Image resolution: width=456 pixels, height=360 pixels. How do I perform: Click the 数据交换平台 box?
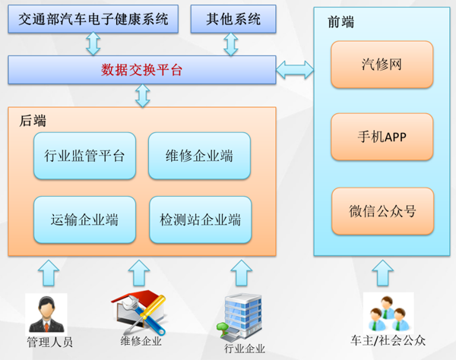pos(142,70)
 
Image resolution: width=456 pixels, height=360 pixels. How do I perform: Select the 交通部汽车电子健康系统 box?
pos(93,19)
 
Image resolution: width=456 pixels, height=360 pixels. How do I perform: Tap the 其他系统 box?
pos(233,19)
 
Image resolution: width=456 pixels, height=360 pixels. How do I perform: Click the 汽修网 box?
pos(382,65)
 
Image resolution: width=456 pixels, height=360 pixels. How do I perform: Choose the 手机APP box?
pos(382,137)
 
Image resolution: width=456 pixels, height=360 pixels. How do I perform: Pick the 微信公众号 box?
pos(382,211)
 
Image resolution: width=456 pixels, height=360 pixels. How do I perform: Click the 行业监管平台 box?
pos(84,156)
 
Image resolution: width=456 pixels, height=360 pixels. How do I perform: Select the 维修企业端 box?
pos(199,156)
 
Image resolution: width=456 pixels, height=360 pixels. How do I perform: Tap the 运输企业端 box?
pos(84,219)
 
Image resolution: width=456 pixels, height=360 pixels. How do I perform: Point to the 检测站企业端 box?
pos(201,219)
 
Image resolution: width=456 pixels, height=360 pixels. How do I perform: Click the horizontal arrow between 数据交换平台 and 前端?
pos(295,70)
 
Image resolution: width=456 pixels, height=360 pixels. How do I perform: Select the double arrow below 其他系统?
pos(231,44)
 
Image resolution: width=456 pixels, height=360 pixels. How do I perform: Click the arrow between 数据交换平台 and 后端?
pos(143,96)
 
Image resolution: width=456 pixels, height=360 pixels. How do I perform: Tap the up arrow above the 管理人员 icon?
pos(49,273)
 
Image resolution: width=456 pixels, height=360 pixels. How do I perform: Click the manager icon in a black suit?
pos(46,314)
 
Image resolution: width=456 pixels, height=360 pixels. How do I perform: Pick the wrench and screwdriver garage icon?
pos(139,312)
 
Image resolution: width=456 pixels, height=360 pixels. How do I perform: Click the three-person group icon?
pos(388,313)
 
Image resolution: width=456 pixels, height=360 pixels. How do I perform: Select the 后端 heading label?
pos(33,121)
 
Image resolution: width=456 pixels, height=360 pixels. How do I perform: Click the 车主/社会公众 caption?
pos(388,340)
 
